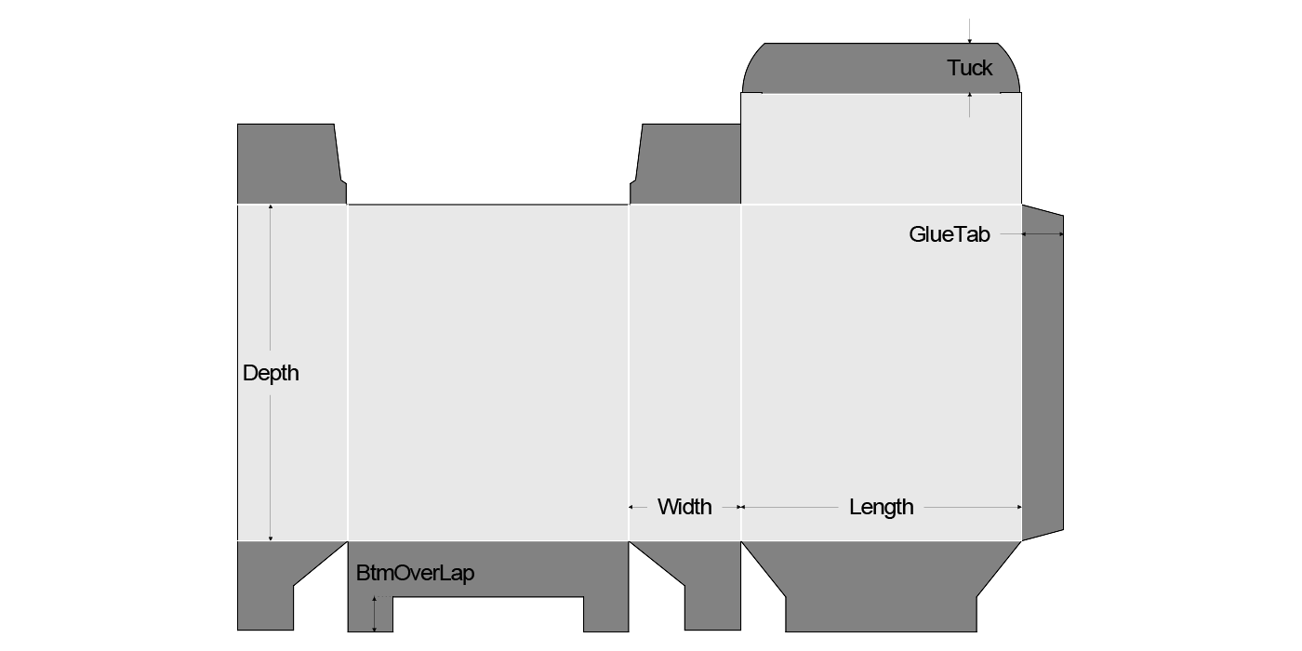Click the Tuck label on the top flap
970,68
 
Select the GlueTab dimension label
950,234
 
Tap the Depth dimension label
271,373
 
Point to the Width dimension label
684,507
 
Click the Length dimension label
881,507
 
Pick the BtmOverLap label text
415,573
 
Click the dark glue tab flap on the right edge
1043,372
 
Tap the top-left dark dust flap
288,164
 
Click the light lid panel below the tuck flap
881,149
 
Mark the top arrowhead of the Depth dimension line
271,207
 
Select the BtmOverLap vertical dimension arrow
375,615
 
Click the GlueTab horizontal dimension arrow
1043,234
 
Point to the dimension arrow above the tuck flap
970,32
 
